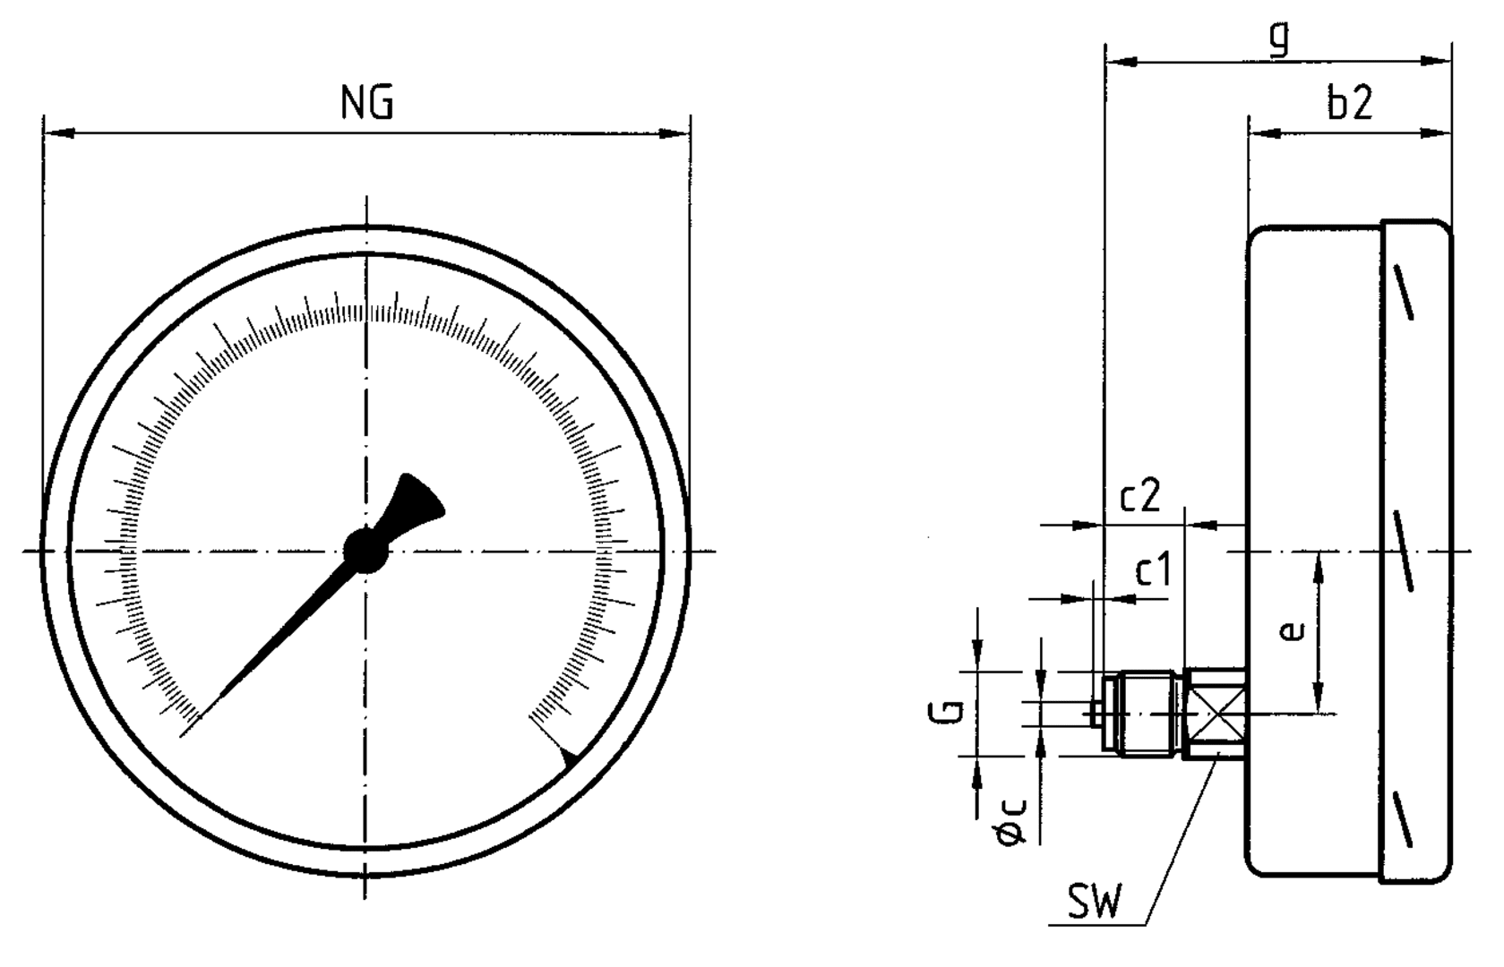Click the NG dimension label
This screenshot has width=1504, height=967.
[x=367, y=105]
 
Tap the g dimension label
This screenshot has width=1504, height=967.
[x=1281, y=38]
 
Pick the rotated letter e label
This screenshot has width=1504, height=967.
[x=1291, y=632]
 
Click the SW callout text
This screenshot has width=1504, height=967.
[x=1094, y=903]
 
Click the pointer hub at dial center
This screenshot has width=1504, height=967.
[x=366, y=550]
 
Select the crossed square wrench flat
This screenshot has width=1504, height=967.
[x=1215, y=714]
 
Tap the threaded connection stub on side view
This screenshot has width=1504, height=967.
[x=1142, y=715]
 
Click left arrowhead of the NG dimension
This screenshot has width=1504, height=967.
[x=57, y=133]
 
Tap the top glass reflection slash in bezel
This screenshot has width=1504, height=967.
[x=1404, y=291]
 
